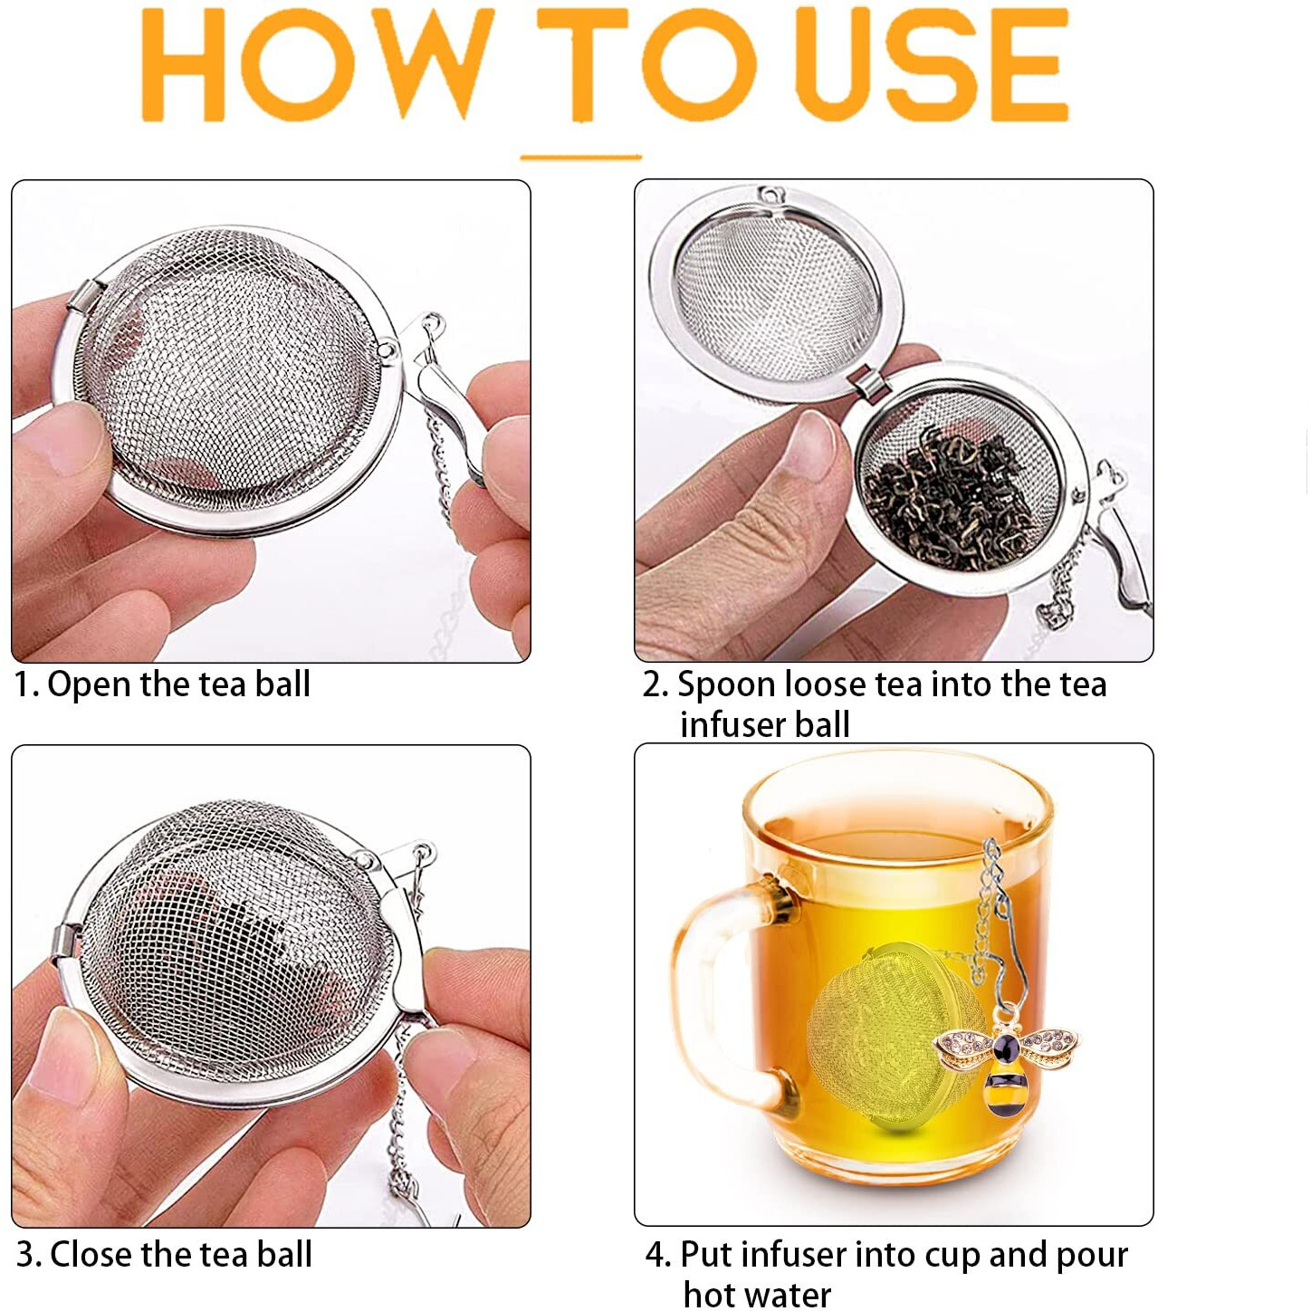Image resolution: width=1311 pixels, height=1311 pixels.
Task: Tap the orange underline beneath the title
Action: tap(580, 158)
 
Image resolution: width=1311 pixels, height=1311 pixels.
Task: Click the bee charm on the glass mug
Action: tap(1006, 1059)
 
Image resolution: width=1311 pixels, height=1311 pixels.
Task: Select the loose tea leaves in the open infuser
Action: tap(951, 498)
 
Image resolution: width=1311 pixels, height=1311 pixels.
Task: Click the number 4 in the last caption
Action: tap(655, 1256)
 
